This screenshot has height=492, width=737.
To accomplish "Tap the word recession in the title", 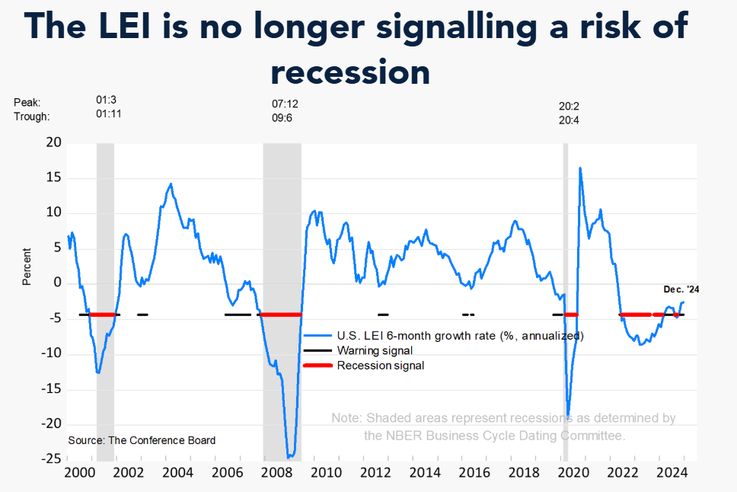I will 350,72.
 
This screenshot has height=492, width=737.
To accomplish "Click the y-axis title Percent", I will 27,265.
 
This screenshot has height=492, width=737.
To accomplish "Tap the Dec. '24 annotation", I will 681,289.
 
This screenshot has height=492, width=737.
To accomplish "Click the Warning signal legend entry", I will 375,350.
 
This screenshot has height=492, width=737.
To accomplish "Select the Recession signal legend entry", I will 380,366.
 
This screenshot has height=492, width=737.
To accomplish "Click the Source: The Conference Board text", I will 142,440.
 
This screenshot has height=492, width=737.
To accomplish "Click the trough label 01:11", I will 108,116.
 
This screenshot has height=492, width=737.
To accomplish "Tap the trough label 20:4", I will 569,119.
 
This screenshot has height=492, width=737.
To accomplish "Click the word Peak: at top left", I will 27,102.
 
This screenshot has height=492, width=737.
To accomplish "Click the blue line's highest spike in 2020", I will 580,168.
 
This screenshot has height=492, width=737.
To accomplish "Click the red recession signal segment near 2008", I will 280,315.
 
